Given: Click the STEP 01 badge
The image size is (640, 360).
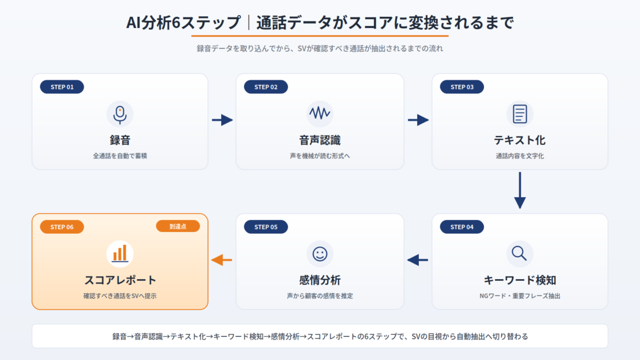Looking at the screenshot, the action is click(x=62, y=87).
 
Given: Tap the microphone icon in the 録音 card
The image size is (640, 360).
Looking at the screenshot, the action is click(x=120, y=115).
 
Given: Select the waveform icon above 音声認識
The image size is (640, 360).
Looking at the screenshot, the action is click(x=319, y=113).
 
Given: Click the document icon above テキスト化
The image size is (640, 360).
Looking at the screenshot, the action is click(x=520, y=114).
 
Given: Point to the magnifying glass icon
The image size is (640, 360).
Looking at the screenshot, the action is click(x=519, y=254).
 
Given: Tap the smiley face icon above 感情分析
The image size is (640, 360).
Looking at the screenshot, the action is click(x=320, y=254).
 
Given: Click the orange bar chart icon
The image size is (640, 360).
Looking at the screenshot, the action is click(x=120, y=254).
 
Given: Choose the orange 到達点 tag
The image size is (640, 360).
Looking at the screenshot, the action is click(x=178, y=227).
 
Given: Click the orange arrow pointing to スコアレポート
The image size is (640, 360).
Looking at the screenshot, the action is click(x=222, y=260).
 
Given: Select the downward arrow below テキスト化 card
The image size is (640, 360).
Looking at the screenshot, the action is click(x=520, y=190).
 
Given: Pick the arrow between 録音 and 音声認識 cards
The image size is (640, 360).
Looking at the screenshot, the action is click(x=222, y=120).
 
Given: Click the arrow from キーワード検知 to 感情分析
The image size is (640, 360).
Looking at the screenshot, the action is click(x=418, y=260).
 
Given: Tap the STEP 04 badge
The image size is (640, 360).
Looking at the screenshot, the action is click(x=462, y=227).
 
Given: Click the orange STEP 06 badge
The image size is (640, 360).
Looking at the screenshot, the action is click(x=62, y=227).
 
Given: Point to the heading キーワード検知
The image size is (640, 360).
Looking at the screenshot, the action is click(x=520, y=280).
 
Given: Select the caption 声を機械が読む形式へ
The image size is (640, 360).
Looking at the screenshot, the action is click(x=319, y=156).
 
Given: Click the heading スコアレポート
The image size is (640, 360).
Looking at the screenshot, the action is click(x=120, y=280).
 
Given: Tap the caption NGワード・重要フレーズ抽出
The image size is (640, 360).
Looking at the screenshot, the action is click(x=520, y=296).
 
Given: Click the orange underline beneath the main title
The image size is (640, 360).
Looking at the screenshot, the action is click(x=320, y=36).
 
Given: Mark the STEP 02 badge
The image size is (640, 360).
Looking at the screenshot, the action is click(x=266, y=87).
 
